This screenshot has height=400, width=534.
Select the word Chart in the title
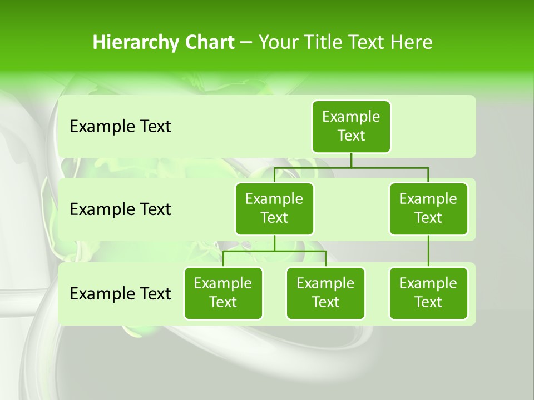(209, 42)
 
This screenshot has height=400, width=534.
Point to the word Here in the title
(411, 42)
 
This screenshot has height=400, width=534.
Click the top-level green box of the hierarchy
(351, 126)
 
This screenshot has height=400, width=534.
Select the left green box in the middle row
(274, 208)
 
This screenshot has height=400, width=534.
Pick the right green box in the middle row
(428, 208)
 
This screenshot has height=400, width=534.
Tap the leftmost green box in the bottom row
(223, 293)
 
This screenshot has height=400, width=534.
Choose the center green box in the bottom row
(325, 293)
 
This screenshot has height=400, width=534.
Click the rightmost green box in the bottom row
(428, 293)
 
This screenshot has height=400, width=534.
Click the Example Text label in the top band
(120, 127)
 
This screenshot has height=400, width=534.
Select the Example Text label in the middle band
(120, 209)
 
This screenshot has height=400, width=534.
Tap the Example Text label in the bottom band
(120, 293)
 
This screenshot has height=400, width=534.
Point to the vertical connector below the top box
(351, 160)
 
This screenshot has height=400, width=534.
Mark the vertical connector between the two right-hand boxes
(428, 251)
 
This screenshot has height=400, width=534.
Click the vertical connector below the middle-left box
(274, 243)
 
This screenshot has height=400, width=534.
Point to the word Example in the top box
(351, 117)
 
